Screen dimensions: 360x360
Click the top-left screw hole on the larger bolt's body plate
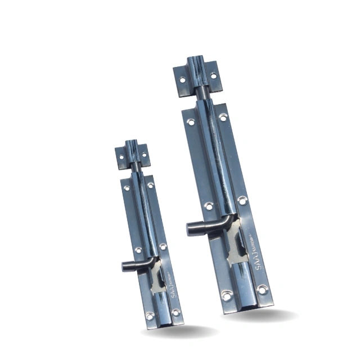(x=191, y=121)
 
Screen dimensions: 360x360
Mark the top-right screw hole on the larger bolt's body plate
(x=223, y=118)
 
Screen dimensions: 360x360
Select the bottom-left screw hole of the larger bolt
(x=227, y=294)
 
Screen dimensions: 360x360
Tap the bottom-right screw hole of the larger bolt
(x=261, y=289)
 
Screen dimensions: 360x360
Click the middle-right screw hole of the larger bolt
(x=242, y=200)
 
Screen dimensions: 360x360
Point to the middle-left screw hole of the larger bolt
(x=209, y=206)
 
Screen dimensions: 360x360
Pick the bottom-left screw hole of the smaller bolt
(x=150, y=316)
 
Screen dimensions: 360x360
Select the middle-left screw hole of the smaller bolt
(x=138, y=250)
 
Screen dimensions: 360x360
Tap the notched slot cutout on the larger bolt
(x=236, y=247)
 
